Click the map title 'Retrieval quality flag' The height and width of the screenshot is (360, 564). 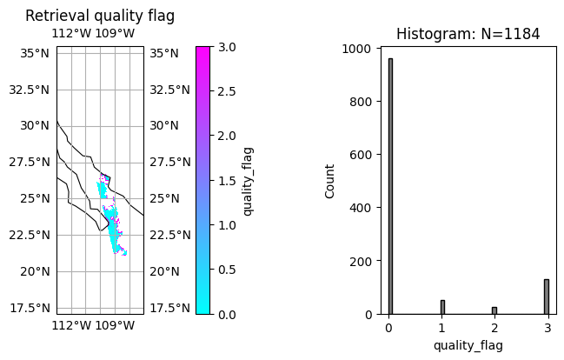tap(100, 16)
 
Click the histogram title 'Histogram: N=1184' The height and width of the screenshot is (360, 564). tap(468, 34)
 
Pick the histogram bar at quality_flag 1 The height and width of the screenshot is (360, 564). tap(442, 307)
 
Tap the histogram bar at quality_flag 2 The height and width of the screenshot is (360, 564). tap(494, 310)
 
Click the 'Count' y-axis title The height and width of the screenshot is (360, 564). tap(330, 180)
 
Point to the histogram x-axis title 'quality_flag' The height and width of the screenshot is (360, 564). tap(468, 345)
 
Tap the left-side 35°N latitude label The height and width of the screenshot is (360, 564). tap(34, 53)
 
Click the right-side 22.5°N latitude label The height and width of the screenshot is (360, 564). tap(169, 235)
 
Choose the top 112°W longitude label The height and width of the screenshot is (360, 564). tap(71, 34)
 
